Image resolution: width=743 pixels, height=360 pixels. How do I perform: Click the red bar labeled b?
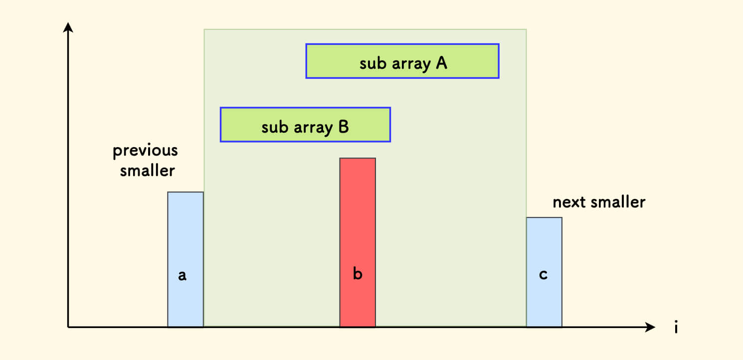(357, 224)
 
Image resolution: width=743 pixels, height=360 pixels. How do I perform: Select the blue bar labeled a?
(185, 239)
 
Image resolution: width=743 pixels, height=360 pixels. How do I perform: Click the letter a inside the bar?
(183, 275)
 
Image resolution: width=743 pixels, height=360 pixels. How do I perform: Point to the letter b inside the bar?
(357, 274)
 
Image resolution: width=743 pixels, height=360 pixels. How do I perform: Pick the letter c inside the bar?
(544, 275)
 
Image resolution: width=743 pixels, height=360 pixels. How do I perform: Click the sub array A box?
(402, 61)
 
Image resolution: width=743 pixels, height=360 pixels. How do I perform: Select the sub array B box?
(305, 125)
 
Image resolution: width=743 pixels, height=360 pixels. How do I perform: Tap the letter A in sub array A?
(441, 63)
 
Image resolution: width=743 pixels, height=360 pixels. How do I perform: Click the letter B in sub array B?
(343, 127)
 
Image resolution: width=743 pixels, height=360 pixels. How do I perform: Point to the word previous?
(145, 150)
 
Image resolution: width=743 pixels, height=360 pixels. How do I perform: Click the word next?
(569, 202)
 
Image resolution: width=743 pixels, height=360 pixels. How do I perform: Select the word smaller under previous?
(148, 171)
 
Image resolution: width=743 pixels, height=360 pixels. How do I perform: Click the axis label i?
(676, 328)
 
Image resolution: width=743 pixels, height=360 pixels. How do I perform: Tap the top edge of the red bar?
(357, 159)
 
